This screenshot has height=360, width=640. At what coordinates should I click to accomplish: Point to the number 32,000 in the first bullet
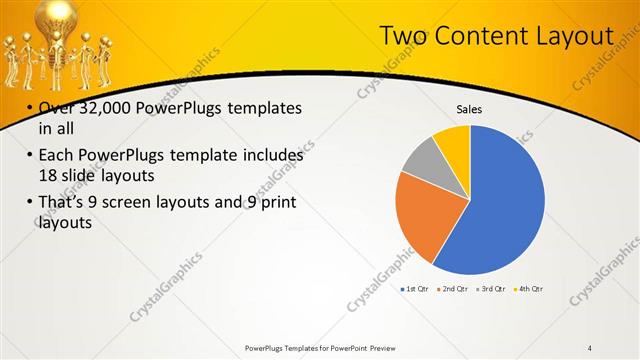pyautogui.click(x=102, y=108)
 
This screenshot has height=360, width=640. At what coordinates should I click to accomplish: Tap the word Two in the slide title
pyautogui.click(x=403, y=37)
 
